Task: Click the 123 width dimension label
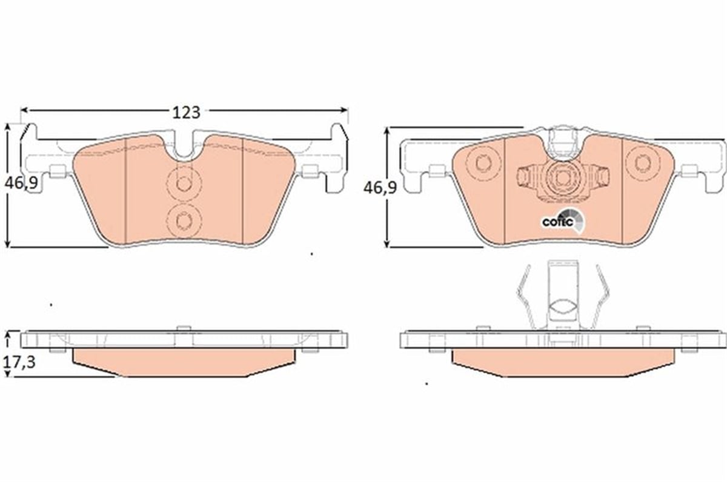(187, 113)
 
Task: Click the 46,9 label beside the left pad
(21, 184)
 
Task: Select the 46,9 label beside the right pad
(380, 188)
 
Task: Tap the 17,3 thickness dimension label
(19, 362)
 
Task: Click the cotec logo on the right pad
(563, 221)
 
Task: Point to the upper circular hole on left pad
(184, 184)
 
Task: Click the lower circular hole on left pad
(184, 220)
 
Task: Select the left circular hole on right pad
(483, 163)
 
